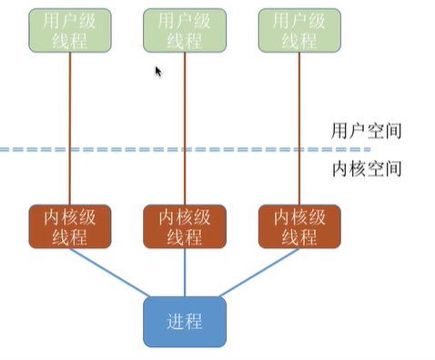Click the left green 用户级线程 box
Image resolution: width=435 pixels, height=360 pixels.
(x=71, y=30)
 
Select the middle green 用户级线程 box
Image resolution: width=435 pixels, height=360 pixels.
(x=186, y=30)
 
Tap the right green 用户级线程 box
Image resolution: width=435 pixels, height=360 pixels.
(x=300, y=30)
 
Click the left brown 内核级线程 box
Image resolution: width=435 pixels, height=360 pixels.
(x=71, y=226)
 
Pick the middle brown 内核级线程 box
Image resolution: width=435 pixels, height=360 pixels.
(x=186, y=226)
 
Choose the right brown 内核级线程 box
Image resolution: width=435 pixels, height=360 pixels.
(x=300, y=226)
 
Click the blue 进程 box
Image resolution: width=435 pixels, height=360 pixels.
(x=185, y=321)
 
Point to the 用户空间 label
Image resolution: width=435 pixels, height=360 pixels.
(x=367, y=131)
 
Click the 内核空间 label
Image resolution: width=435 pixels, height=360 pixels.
(x=367, y=169)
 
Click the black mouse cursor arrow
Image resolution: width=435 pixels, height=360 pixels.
(x=158, y=71)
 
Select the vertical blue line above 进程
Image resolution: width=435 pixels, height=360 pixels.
(x=186, y=272)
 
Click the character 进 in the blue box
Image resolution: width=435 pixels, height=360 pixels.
(x=175, y=322)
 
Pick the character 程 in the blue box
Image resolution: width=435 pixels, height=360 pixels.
(x=195, y=322)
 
